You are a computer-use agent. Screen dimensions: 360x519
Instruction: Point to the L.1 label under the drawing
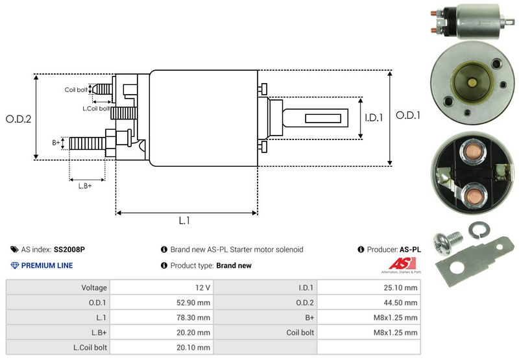pos(184,221)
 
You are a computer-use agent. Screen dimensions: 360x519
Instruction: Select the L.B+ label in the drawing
pos(84,186)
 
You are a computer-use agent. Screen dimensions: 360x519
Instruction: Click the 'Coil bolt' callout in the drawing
pos(76,90)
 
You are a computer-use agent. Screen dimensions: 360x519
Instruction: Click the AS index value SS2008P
pos(69,250)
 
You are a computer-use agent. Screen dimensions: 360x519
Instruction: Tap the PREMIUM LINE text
pos(47,265)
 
